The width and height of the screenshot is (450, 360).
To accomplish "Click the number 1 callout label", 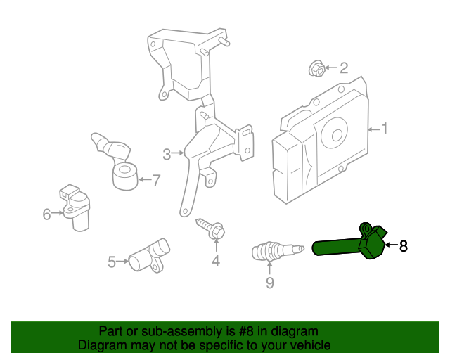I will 385,129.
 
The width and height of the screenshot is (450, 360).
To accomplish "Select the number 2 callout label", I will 344,68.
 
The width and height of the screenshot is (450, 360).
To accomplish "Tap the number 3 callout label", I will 167,154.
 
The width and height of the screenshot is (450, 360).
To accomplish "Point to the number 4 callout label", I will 216,262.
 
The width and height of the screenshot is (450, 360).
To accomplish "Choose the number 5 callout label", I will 112,262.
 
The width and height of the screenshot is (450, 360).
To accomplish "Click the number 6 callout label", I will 47,214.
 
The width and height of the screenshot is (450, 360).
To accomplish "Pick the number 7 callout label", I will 156,180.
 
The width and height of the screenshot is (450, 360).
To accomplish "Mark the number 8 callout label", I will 404,246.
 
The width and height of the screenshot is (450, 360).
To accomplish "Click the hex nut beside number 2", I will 316,69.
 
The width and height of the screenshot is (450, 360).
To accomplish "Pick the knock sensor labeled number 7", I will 125,176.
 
